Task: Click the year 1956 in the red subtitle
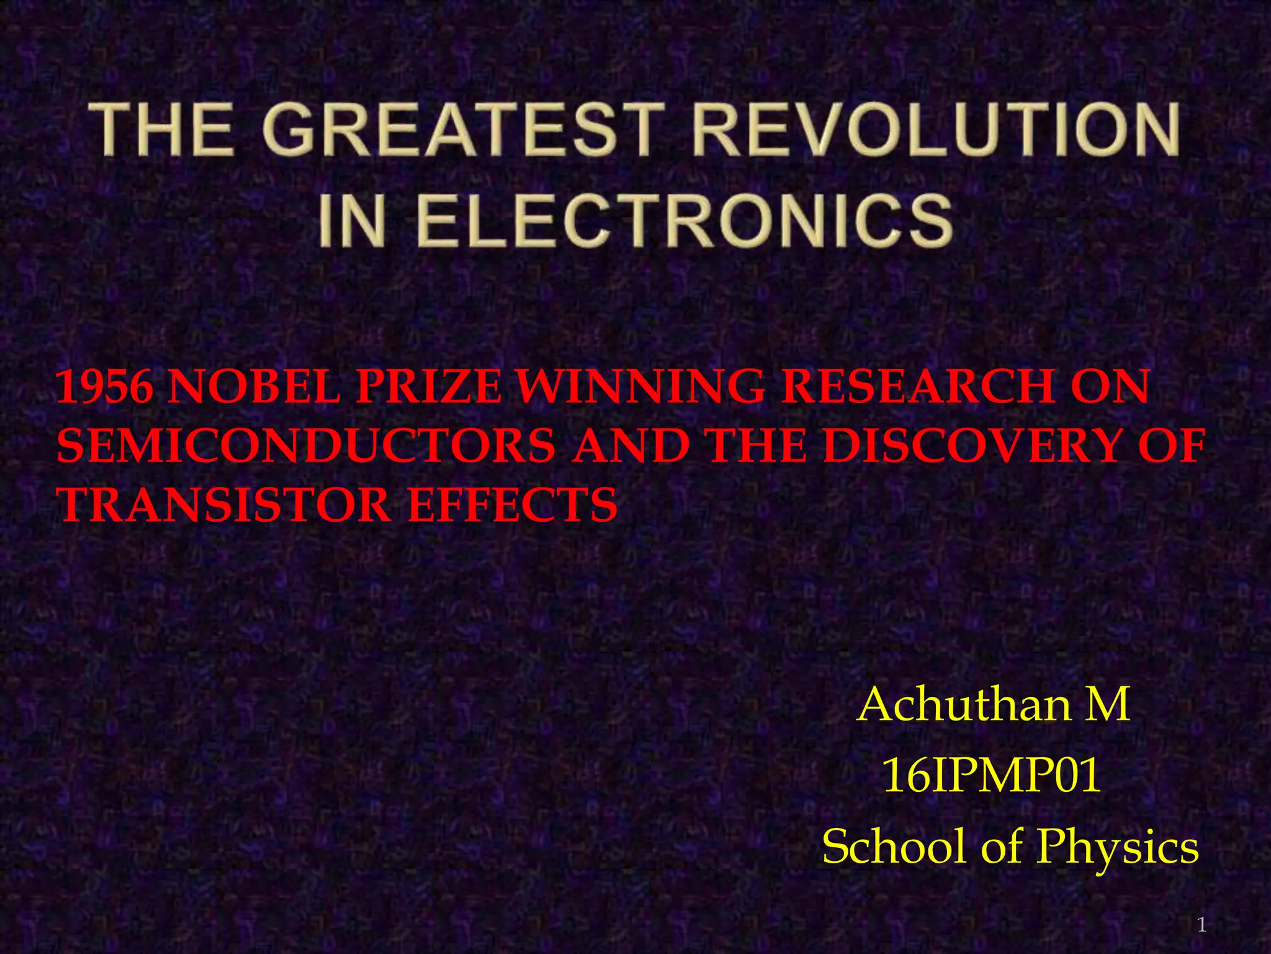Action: [104, 386]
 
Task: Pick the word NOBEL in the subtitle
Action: [254, 386]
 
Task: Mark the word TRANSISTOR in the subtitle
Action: [224, 504]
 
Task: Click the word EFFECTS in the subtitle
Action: [512, 504]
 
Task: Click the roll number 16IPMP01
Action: [992, 776]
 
